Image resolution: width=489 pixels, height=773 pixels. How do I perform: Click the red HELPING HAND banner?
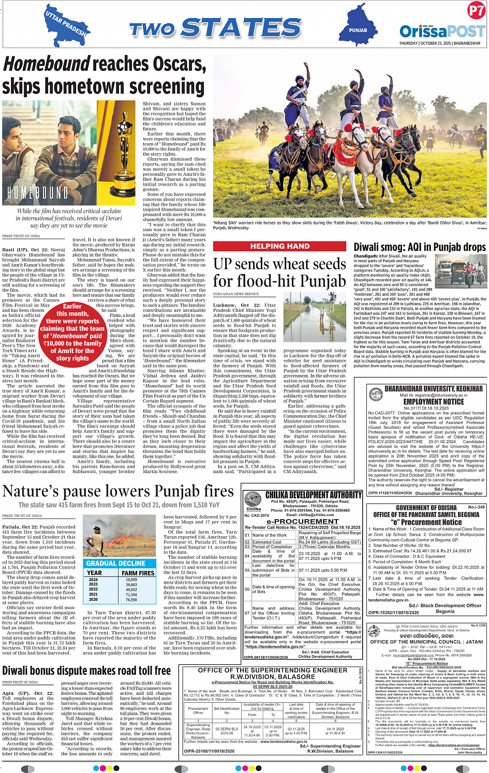tap(280, 246)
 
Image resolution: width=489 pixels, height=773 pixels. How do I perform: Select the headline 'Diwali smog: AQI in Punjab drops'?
tap(420, 248)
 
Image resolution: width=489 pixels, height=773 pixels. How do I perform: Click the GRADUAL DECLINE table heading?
tap(116, 563)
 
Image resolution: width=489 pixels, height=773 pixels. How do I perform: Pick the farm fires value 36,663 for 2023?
tap(131, 585)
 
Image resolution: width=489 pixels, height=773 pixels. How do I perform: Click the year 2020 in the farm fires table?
tap(93, 599)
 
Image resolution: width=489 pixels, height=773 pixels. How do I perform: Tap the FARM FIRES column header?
tap(138, 573)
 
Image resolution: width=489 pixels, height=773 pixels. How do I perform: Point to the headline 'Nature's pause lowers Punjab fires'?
tap(118, 491)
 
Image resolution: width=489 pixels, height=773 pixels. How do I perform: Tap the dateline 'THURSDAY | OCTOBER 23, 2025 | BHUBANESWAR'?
tap(439, 43)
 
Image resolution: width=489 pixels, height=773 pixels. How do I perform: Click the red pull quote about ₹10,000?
tap(72, 332)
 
